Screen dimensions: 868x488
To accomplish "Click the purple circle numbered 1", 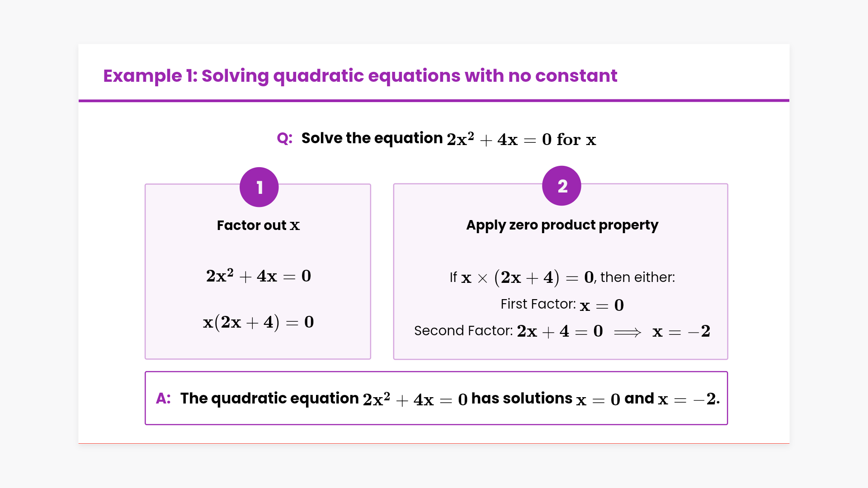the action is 259,187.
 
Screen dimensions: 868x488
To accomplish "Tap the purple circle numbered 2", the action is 561,186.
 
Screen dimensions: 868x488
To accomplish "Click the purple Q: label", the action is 285,138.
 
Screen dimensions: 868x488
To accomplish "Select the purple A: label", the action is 163,399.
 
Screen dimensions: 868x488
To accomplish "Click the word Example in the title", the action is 142,76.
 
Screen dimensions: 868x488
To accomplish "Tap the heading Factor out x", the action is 258,225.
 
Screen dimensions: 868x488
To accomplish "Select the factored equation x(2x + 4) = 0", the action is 258,322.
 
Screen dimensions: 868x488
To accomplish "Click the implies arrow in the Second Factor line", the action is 627,333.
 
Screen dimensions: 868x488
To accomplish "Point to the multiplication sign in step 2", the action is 483,278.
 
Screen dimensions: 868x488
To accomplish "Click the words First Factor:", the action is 538,304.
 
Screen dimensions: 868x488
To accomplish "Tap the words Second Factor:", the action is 464,331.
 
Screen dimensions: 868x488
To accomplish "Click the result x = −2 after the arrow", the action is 681,332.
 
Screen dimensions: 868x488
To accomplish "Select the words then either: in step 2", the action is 637,277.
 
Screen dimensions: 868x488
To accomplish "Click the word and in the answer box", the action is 639,399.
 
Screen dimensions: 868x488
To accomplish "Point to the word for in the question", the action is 569,139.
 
